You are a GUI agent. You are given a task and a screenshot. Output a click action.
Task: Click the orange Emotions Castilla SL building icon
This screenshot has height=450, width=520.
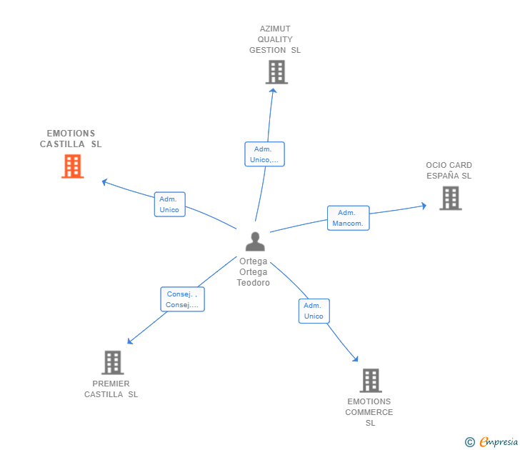tap(72, 166)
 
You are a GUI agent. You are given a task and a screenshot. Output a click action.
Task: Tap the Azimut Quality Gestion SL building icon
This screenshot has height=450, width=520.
tap(276, 72)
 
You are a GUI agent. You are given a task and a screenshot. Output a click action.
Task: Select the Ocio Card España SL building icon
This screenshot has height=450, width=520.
tap(450, 198)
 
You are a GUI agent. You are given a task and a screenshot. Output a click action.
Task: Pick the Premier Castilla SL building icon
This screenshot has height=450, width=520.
tap(112, 362)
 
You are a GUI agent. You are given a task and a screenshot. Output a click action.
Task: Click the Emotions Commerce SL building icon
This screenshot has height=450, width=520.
tap(370, 380)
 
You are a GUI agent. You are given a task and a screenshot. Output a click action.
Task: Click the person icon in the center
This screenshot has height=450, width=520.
tap(254, 241)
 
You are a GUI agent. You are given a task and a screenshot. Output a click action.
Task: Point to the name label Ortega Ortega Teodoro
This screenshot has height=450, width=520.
tap(254, 272)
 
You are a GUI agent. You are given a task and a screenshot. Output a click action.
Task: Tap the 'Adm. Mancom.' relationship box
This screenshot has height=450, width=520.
tap(348, 218)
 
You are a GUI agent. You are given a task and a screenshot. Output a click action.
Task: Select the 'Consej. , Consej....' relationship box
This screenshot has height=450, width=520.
tap(182, 299)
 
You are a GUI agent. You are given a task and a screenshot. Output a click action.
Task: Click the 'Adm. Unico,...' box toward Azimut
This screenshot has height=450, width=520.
tap(264, 154)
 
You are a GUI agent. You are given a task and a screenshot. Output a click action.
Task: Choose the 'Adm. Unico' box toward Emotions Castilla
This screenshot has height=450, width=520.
tap(169, 204)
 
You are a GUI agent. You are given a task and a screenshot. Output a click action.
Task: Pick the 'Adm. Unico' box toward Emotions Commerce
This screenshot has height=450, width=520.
tap(314, 311)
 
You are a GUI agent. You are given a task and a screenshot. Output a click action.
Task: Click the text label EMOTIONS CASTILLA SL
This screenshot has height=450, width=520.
tap(71, 139)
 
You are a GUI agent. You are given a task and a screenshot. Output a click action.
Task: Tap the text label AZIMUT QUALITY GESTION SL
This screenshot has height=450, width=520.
tap(275, 40)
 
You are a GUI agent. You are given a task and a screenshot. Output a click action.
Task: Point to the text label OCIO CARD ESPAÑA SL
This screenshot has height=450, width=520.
tap(449, 171)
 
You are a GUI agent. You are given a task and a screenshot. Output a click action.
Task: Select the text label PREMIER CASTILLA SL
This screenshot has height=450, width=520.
tap(111, 389)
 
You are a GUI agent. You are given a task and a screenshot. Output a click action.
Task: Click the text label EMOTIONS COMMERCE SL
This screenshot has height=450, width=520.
tap(369, 412)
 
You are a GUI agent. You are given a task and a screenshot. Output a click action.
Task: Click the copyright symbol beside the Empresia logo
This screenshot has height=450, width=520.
tap(470, 442)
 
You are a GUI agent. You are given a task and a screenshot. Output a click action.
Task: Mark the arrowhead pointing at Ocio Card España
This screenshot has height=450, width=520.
tap(424, 206)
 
